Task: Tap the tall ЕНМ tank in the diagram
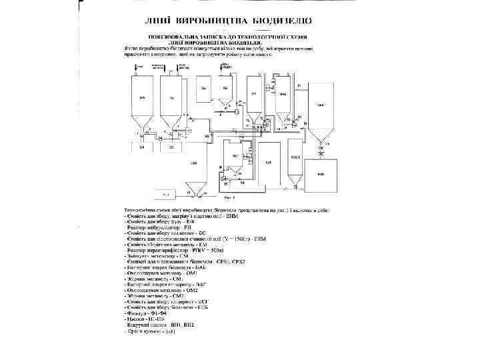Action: tap(142, 97)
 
